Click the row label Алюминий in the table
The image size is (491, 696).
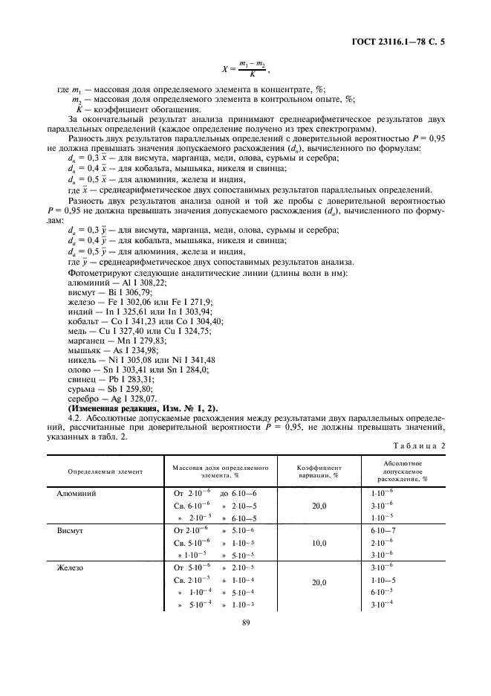pos(77,493)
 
